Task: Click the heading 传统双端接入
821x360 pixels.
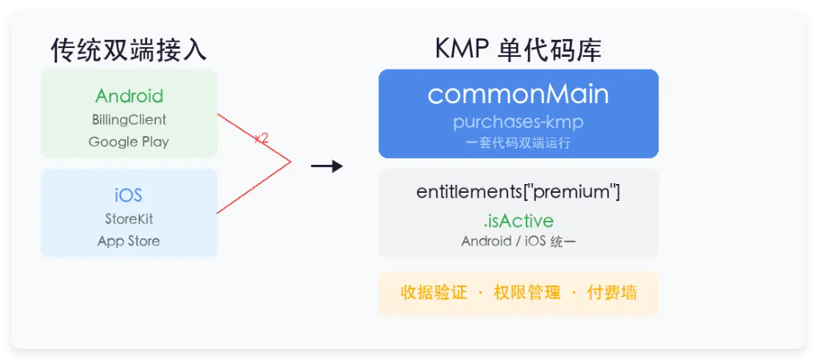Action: click(129, 50)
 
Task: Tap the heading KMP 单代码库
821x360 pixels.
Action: click(519, 50)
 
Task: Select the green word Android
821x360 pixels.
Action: click(130, 96)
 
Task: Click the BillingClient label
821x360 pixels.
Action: click(130, 120)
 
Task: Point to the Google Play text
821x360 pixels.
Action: click(129, 142)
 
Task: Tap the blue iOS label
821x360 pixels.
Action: click(129, 196)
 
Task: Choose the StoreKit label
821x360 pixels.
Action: click(129, 218)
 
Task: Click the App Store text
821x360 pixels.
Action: click(129, 242)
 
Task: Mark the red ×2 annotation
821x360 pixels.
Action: click(262, 138)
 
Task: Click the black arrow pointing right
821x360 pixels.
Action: click(326, 166)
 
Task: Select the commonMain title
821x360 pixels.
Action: click(519, 94)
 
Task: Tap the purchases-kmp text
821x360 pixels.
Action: click(519, 122)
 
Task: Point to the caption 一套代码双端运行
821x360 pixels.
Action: click(519, 143)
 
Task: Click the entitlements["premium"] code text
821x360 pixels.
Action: click(519, 192)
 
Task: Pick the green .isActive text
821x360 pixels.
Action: click(519, 220)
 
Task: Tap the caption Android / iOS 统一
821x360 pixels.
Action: click(519, 242)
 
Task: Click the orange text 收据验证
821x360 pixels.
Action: click(434, 293)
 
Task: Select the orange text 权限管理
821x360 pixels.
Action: click(527, 293)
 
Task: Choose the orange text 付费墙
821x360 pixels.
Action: click(612, 293)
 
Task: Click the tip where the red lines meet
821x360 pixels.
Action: click(290, 162)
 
